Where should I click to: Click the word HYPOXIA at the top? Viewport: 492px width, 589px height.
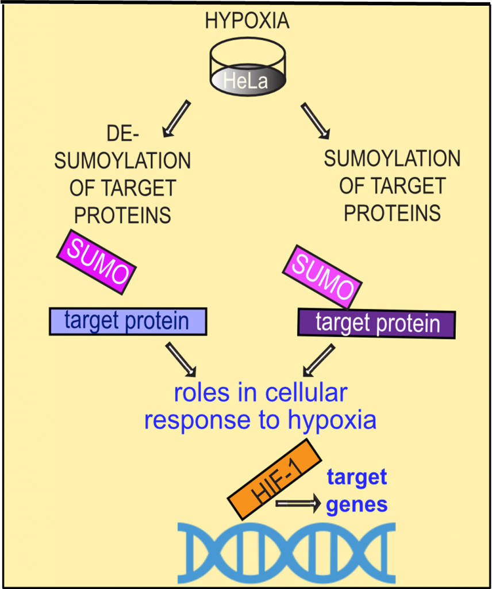click(247, 21)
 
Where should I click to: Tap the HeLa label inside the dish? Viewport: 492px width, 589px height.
click(246, 81)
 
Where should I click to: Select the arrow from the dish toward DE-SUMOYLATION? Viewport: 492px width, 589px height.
click(176, 118)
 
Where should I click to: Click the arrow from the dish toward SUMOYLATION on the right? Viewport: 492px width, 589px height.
click(315, 121)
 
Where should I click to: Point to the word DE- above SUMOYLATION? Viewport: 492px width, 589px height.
click(123, 133)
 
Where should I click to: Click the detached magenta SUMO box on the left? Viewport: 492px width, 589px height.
click(96, 262)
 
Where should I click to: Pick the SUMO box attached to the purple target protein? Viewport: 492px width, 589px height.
click(322, 278)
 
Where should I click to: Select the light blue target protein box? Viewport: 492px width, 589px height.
click(128, 321)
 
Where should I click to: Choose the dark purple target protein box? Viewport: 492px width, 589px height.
click(377, 323)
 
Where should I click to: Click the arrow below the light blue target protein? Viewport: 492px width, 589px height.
click(181, 359)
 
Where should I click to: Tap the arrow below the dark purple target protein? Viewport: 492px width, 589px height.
click(318, 360)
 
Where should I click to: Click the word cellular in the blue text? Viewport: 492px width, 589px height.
click(306, 393)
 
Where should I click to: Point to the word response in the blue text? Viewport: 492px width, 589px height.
click(197, 420)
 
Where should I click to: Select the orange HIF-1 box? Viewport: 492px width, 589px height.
click(274, 479)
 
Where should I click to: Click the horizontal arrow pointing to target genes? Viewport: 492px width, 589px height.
click(298, 503)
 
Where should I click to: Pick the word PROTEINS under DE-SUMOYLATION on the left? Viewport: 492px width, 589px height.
click(123, 215)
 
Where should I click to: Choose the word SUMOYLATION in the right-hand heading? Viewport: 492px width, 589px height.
click(392, 159)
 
